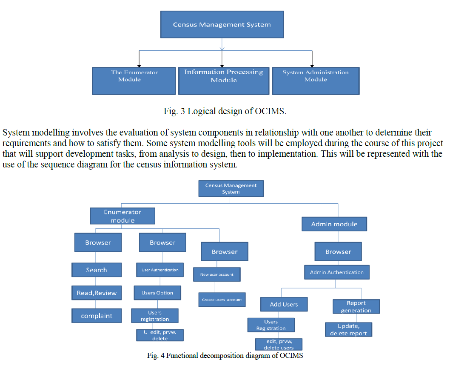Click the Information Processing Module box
224,81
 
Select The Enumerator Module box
134,81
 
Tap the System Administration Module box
316,81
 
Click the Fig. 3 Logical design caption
225,112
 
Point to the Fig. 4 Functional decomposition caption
225,356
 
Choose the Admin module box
334,224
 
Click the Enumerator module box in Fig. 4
122,216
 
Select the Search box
97,270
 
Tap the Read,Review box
97,293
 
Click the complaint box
97,316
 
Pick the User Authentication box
160,270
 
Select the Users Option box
157,293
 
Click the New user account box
217,274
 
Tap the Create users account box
222,300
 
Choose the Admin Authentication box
337,272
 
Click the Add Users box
284,304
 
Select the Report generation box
356,306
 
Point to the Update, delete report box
348,329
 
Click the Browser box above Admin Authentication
338,251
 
